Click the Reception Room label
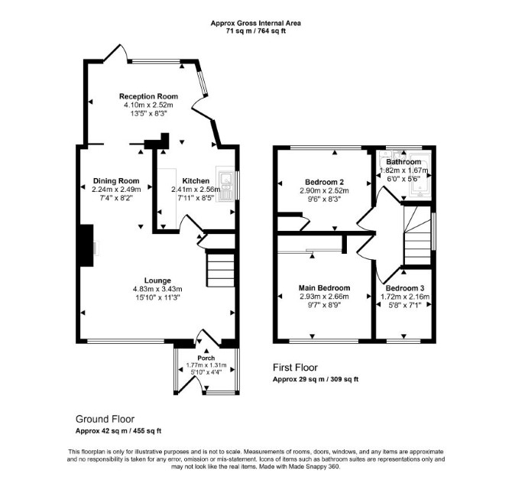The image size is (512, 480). (148, 96)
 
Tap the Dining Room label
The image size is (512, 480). (116, 181)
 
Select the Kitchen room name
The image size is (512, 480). (196, 181)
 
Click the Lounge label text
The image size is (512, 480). (157, 281)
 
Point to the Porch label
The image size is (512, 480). (206, 358)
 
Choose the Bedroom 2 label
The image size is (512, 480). (324, 182)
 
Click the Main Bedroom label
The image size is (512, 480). (324, 288)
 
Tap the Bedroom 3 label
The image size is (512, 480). (405, 288)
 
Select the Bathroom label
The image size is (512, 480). (403, 162)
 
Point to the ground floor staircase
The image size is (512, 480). (220, 268)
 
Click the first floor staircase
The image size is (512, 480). (417, 235)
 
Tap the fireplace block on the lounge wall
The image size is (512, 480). (87, 245)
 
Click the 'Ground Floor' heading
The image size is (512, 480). (105, 419)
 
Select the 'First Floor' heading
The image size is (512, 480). (295, 368)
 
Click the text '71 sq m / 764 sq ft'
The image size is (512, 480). (256, 31)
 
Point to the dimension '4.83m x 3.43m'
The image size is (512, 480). (157, 289)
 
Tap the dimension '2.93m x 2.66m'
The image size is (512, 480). (324, 297)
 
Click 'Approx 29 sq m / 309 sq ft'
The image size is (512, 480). (316, 379)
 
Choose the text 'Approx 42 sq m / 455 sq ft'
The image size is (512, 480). (118, 431)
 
